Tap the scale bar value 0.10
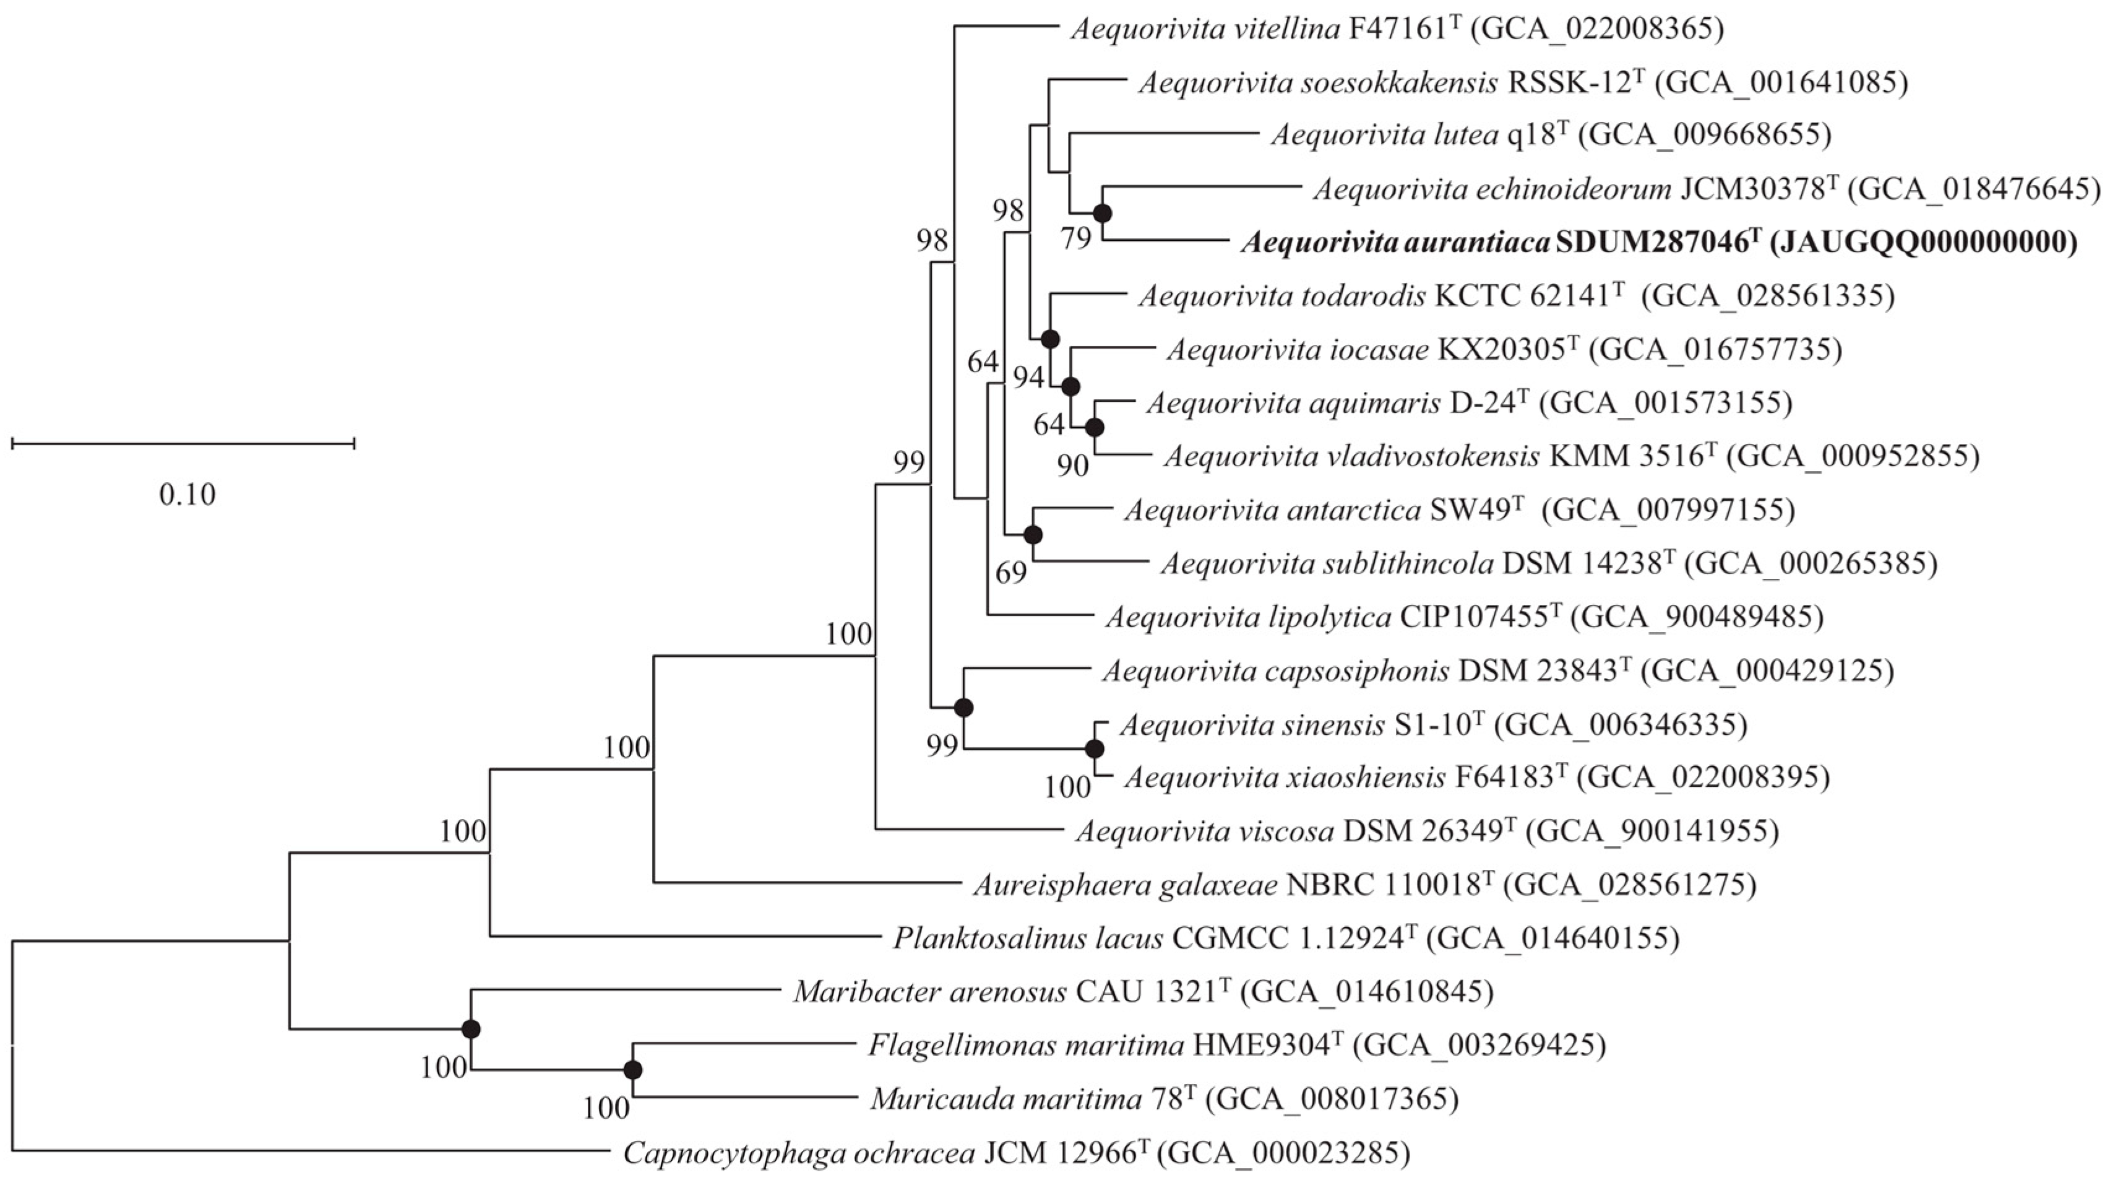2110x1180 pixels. (187, 495)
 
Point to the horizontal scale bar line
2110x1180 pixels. (183, 443)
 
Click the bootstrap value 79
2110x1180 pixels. (1076, 238)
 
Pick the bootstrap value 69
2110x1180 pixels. (1011, 573)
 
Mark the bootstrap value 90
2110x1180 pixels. (1072, 466)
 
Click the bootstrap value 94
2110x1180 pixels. (1029, 378)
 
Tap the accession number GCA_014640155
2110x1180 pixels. (1552, 937)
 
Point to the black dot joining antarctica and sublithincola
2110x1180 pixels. (1033, 535)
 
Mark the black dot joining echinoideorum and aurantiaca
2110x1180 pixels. (1103, 214)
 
